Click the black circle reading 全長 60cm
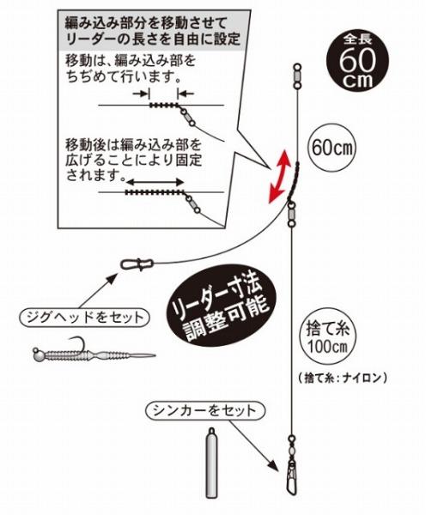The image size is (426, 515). tap(357, 61)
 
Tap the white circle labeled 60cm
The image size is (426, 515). tap(332, 148)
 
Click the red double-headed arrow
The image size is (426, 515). tap(279, 176)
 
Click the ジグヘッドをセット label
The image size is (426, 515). tap(85, 318)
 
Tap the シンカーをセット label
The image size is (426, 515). tap(204, 410)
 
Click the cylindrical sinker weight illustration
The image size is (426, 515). tap(211, 463)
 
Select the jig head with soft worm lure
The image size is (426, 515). tap(94, 352)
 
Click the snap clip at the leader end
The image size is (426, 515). tap(137, 264)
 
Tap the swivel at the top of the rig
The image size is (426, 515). tap(297, 76)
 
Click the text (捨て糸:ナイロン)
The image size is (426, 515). tap(343, 378)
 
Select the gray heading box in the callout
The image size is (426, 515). tap(154, 30)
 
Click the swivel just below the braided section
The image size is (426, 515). tap(291, 215)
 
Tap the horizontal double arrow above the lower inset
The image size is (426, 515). tap(155, 182)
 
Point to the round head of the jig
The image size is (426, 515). tap(38, 354)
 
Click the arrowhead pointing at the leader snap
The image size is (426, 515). tap(112, 280)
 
